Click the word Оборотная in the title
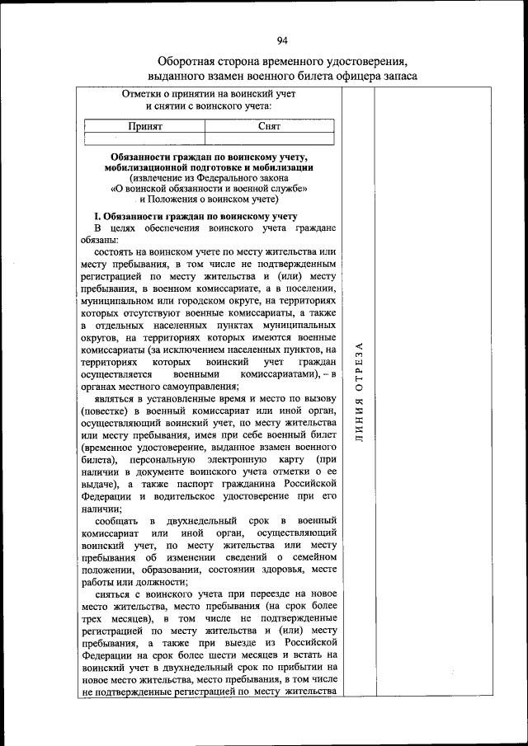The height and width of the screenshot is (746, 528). coord(189,62)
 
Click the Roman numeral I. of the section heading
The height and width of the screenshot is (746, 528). coord(97,215)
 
